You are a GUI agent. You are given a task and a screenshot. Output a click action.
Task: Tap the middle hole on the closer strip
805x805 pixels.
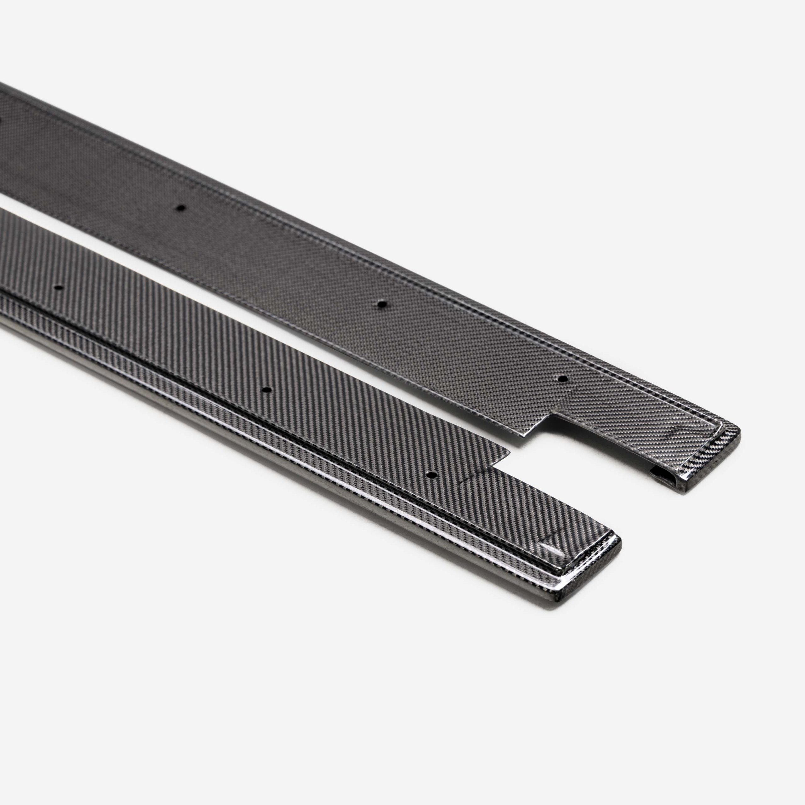coord(267,390)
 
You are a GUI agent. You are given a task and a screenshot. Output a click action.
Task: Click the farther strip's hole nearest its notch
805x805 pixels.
coord(563,379)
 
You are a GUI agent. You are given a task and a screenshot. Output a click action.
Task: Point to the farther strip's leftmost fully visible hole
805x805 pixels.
coord(180,207)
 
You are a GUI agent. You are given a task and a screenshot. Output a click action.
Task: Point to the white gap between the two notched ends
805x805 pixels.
coord(583,467)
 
